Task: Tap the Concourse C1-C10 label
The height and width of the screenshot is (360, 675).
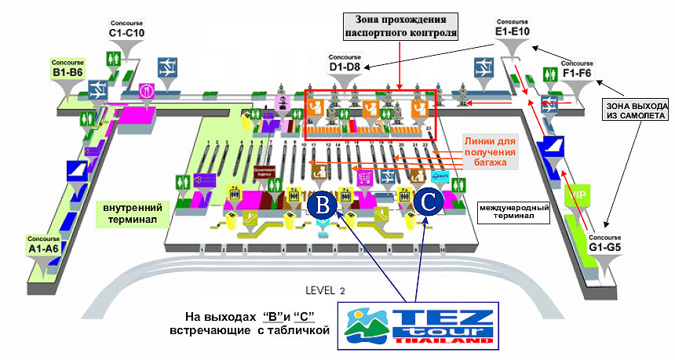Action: point(127,29)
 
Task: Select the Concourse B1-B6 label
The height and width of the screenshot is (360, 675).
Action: point(67,68)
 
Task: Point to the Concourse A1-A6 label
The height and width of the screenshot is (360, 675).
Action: point(44,244)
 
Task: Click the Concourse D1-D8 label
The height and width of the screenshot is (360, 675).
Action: point(345,64)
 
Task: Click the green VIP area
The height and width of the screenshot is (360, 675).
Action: point(582,194)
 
